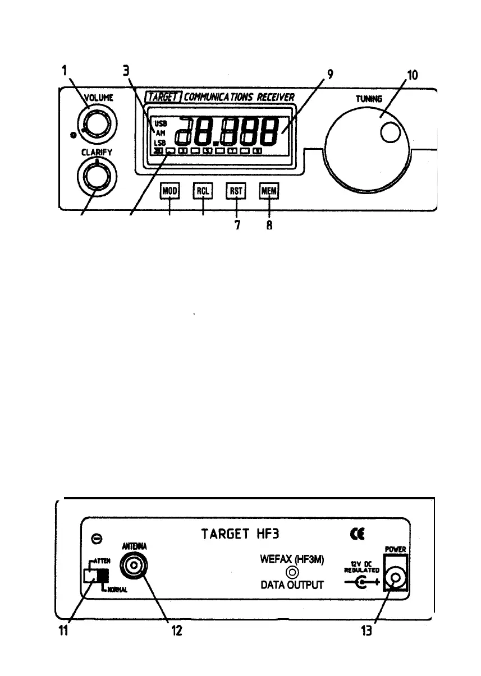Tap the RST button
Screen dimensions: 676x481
click(x=236, y=191)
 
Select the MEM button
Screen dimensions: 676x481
click(x=269, y=191)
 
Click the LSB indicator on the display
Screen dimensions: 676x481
click(x=161, y=142)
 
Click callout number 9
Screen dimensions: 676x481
click(x=332, y=74)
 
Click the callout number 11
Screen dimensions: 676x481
click(x=67, y=631)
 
